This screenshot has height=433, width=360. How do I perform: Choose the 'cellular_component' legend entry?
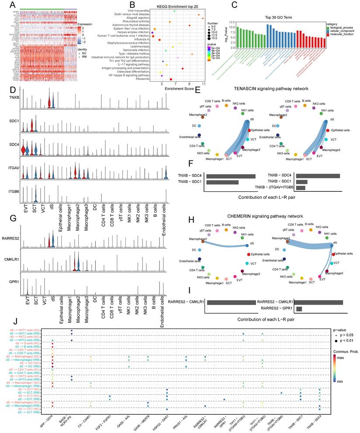point(345,33)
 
